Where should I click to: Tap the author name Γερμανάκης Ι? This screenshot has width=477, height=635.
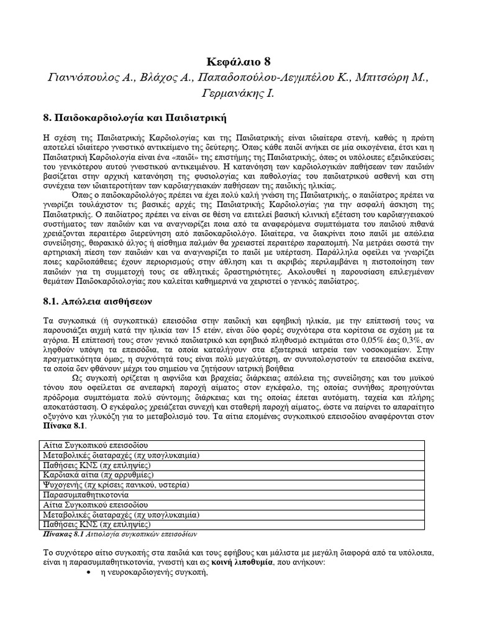click(238, 94)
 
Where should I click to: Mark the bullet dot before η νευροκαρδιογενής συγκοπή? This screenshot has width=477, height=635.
click(87, 573)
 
